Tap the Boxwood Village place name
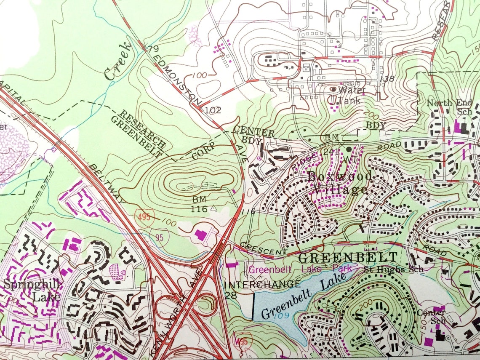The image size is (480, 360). tap(339, 183)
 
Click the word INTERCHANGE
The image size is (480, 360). tap(264, 284)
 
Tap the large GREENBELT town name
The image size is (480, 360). tap(348, 257)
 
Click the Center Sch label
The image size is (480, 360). tap(431, 316)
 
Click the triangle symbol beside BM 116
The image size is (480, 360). tap(213, 208)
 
